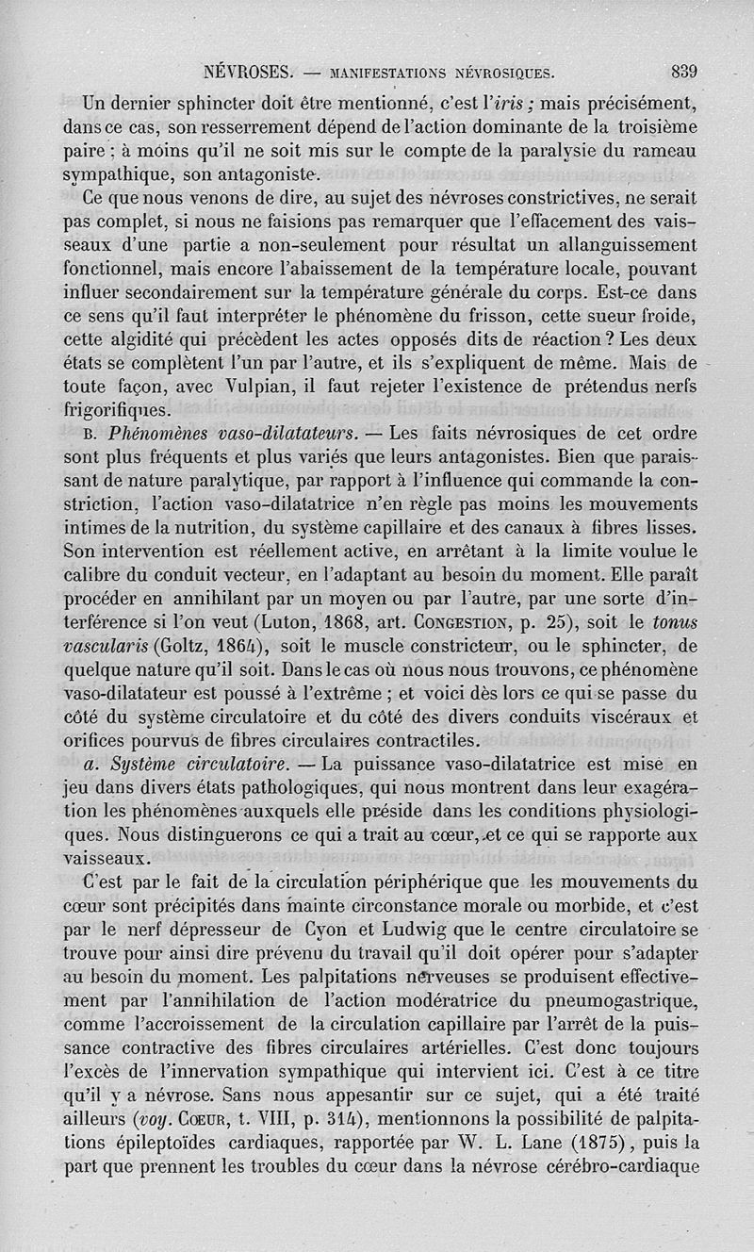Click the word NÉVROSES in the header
click(246, 71)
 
